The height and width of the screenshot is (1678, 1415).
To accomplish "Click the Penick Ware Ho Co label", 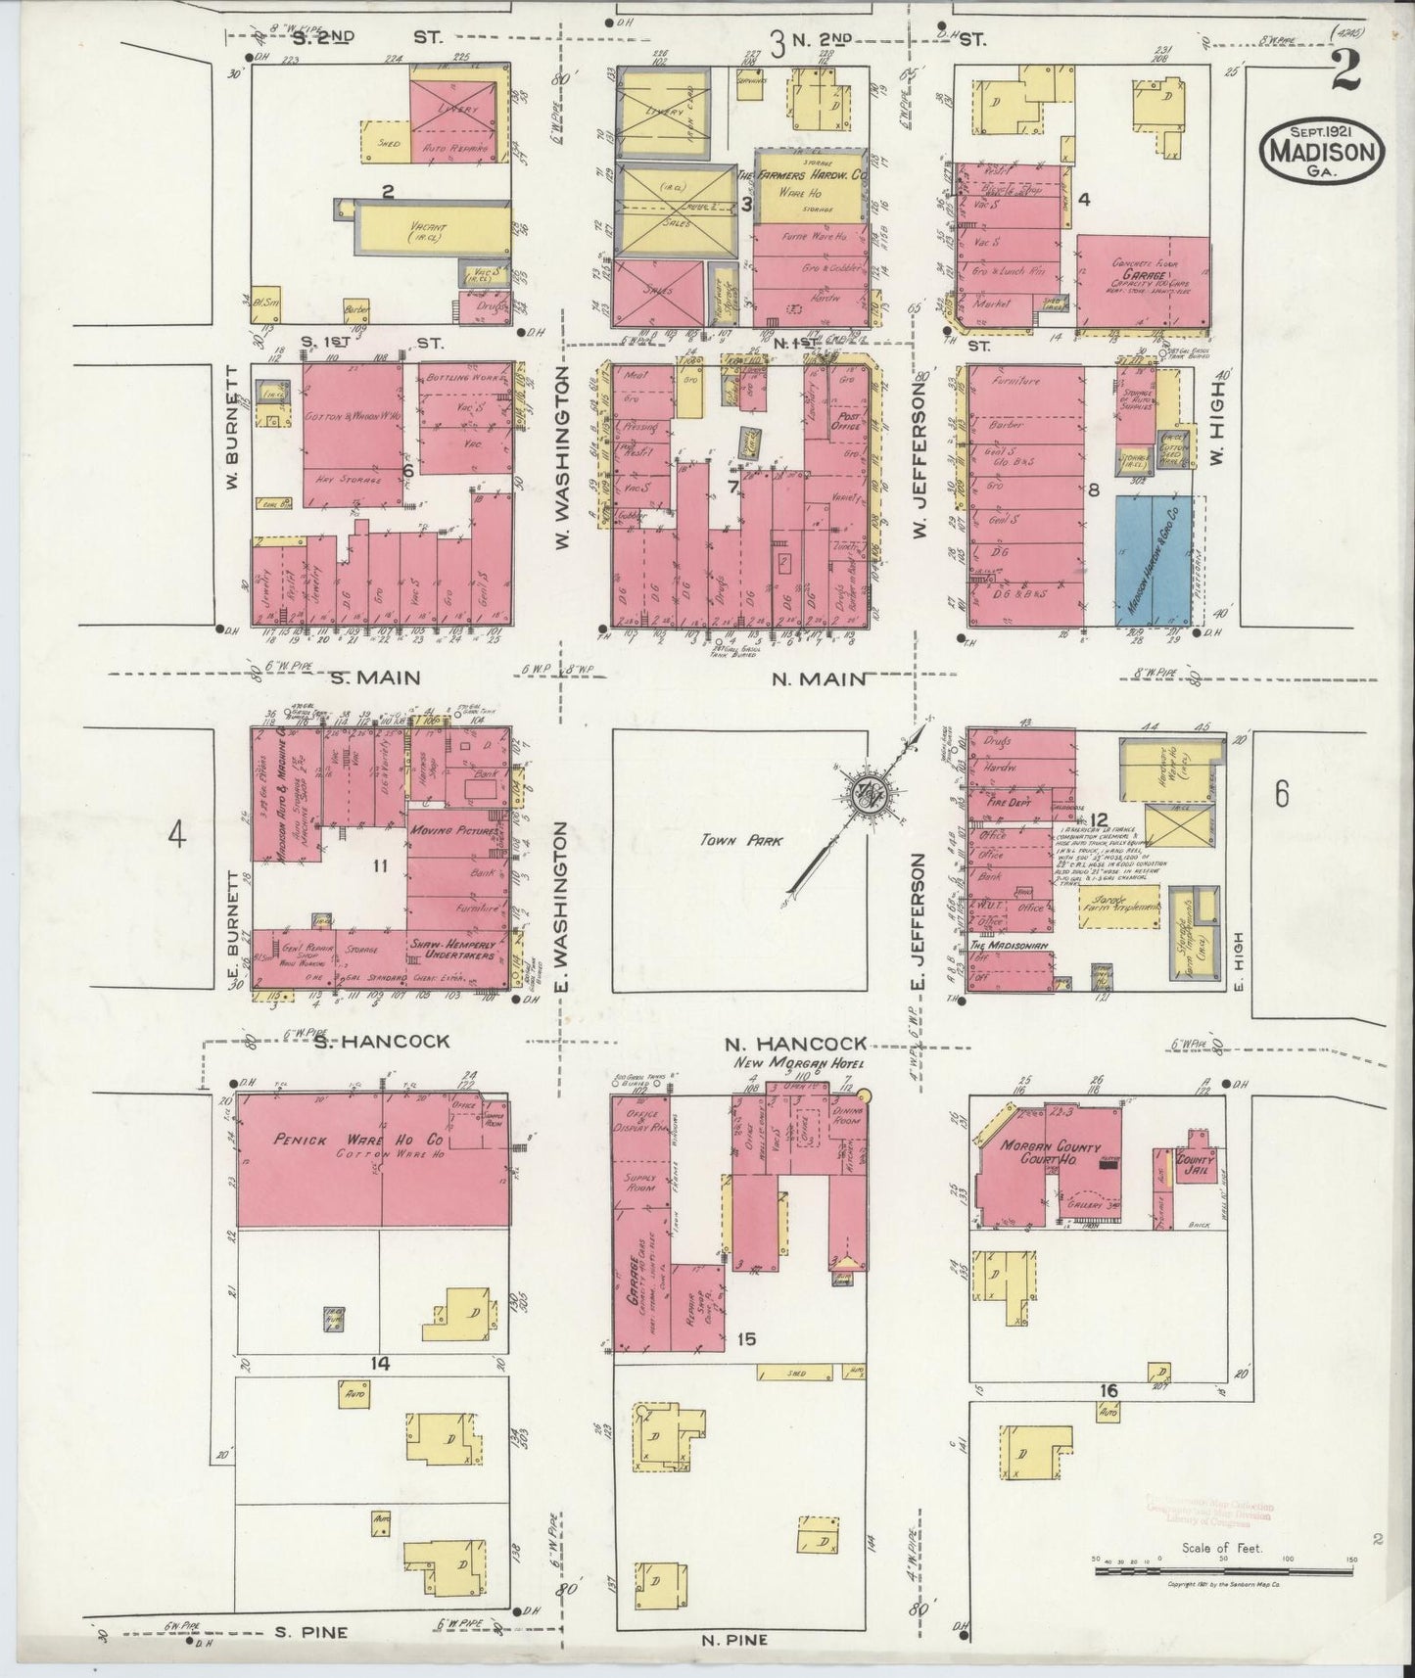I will tap(327, 1141).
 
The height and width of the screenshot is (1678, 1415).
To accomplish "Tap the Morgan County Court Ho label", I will tap(1053, 1154).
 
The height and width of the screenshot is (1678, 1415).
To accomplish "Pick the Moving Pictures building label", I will tap(449, 831).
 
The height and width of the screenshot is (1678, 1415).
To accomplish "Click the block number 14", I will tap(380, 1364).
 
